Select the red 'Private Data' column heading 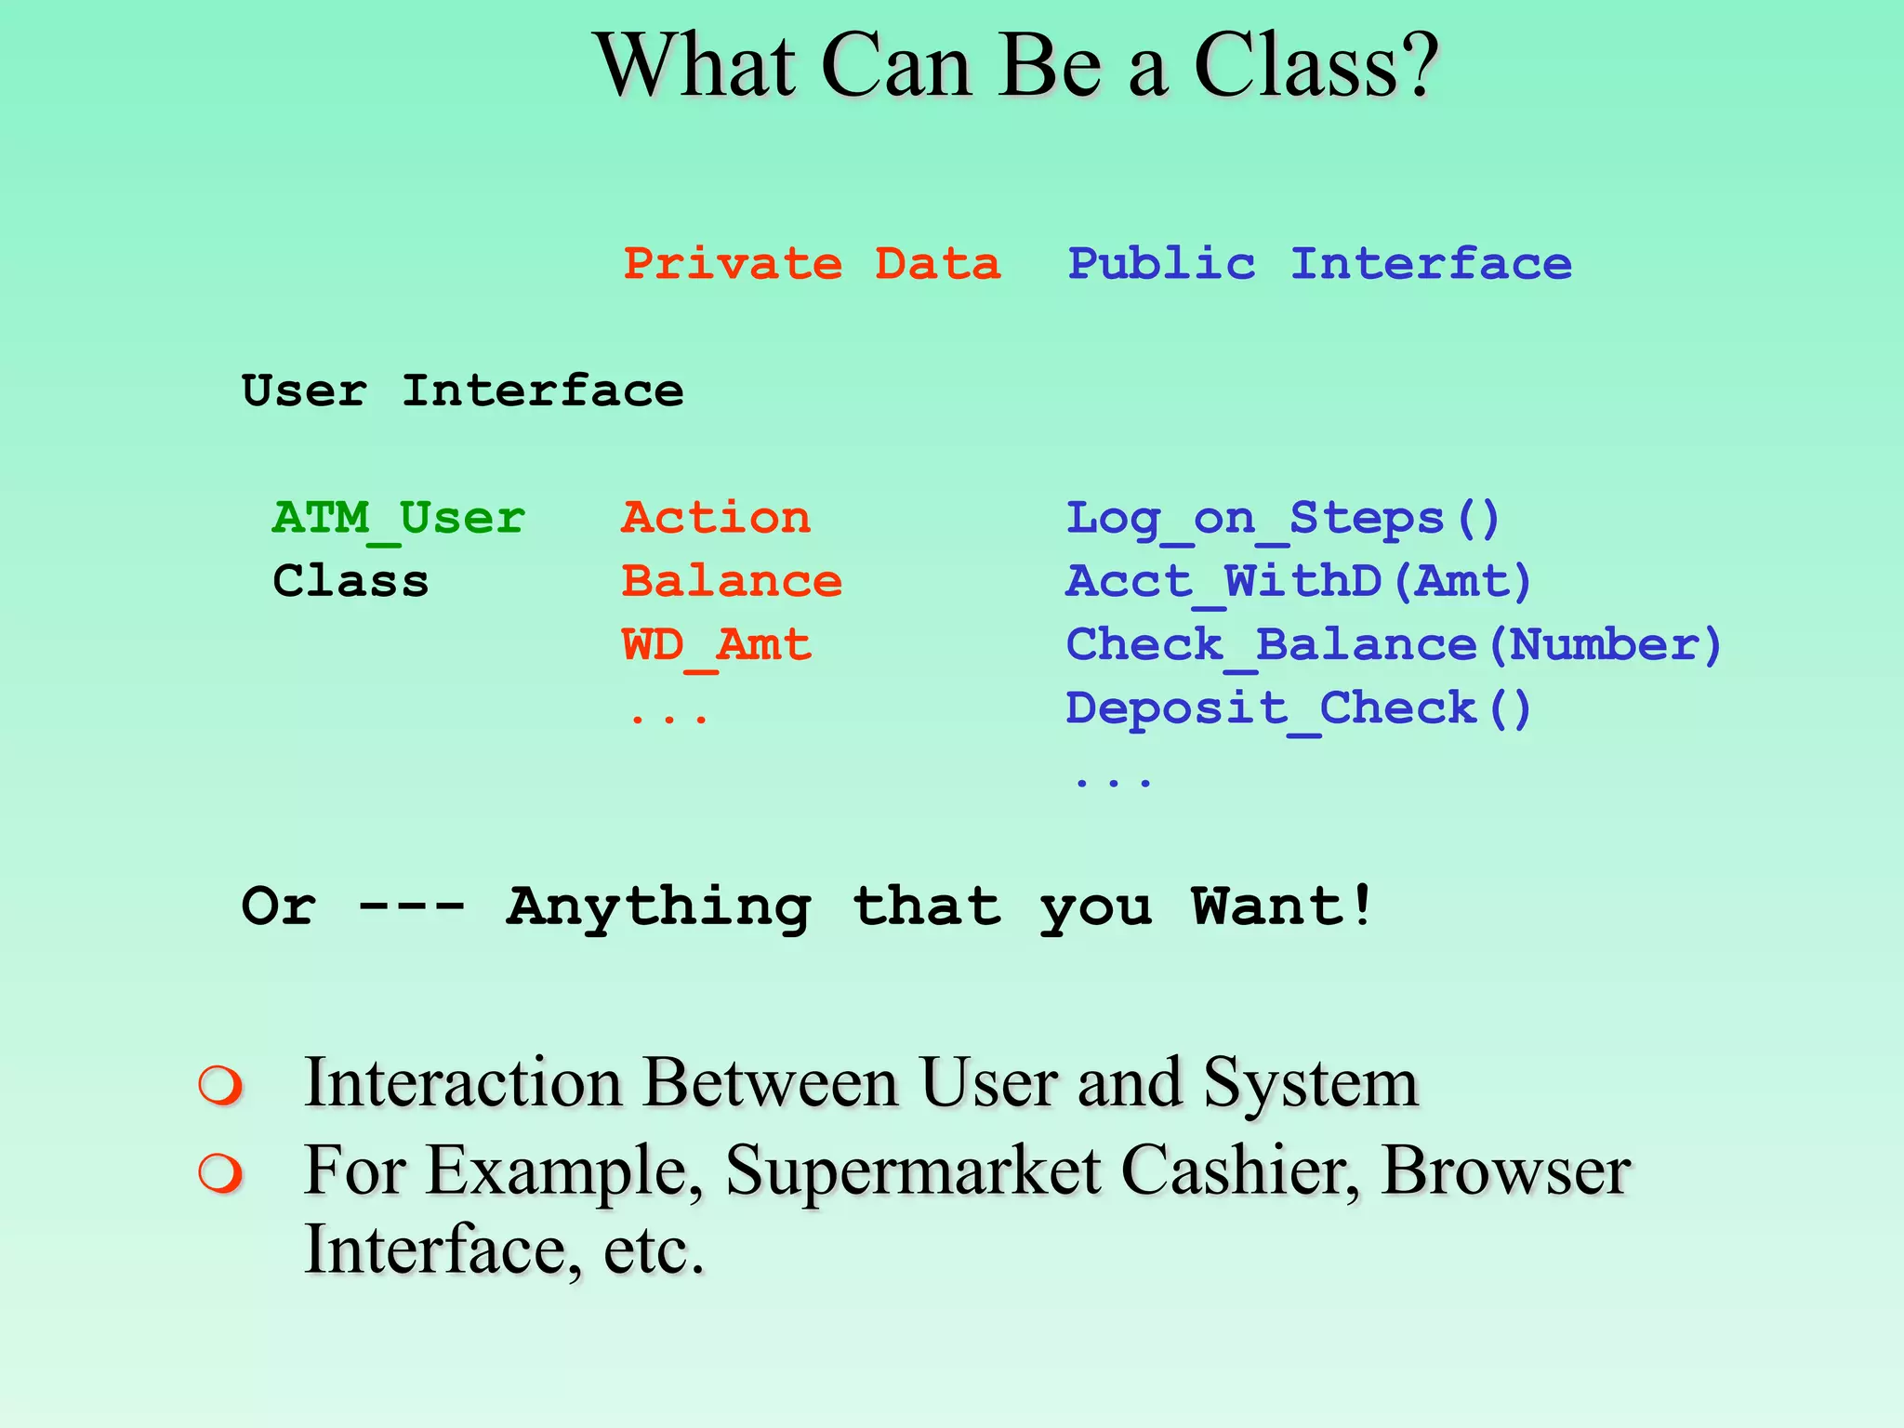pos(812,264)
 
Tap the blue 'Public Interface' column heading pos(1319,264)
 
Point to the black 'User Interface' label pos(462,390)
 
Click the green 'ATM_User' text pos(399,518)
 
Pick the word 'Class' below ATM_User pos(350,581)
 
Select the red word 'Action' pos(716,518)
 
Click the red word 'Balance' pos(732,581)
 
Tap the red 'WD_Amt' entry pos(716,645)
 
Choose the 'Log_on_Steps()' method pos(1282,519)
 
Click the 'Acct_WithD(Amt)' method pos(1298,582)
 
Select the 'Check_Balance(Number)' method pos(1394,645)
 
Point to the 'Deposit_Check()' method pos(1298,708)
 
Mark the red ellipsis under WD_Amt pos(668,719)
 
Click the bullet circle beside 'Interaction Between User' pos(220,1085)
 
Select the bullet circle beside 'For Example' pos(220,1173)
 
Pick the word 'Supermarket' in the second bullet pos(913,1171)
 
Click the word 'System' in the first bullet pos(1311,1083)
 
